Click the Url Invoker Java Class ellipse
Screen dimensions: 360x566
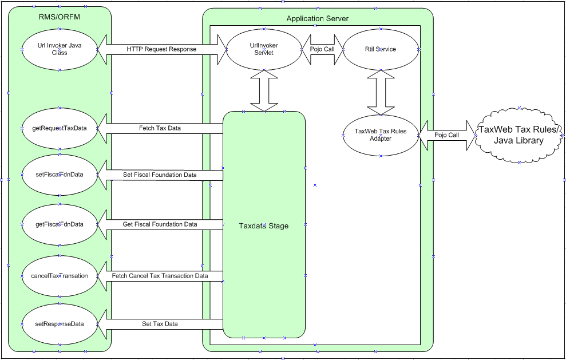coord(60,49)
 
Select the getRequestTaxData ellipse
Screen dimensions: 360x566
coord(60,128)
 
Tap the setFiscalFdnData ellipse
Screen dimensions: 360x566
coord(60,174)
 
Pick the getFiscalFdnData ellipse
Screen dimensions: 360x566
coord(60,224)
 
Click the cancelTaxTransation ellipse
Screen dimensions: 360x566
coord(60,276)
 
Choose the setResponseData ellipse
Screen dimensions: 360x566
coord(60,324)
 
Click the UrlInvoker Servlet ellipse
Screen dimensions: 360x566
coord(264,49)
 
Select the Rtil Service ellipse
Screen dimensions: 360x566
coord(381,49)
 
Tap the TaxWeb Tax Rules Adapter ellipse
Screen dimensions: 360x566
coord(381,135)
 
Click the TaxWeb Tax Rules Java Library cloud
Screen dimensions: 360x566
coord(518,135)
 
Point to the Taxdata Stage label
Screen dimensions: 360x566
coord(263,226)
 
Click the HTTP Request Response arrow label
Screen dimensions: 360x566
coord(161,49)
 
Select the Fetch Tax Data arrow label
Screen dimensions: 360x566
coord(160,128)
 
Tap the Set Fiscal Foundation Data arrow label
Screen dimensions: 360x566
coord(160,175)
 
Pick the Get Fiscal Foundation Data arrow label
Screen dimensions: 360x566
coord(160,224)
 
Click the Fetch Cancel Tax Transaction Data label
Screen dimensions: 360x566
coord(160,276)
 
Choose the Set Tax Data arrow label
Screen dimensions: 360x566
coord(160,324)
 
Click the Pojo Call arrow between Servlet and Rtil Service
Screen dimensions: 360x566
coord(322,49)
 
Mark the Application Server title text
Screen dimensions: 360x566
coord(317,19)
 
